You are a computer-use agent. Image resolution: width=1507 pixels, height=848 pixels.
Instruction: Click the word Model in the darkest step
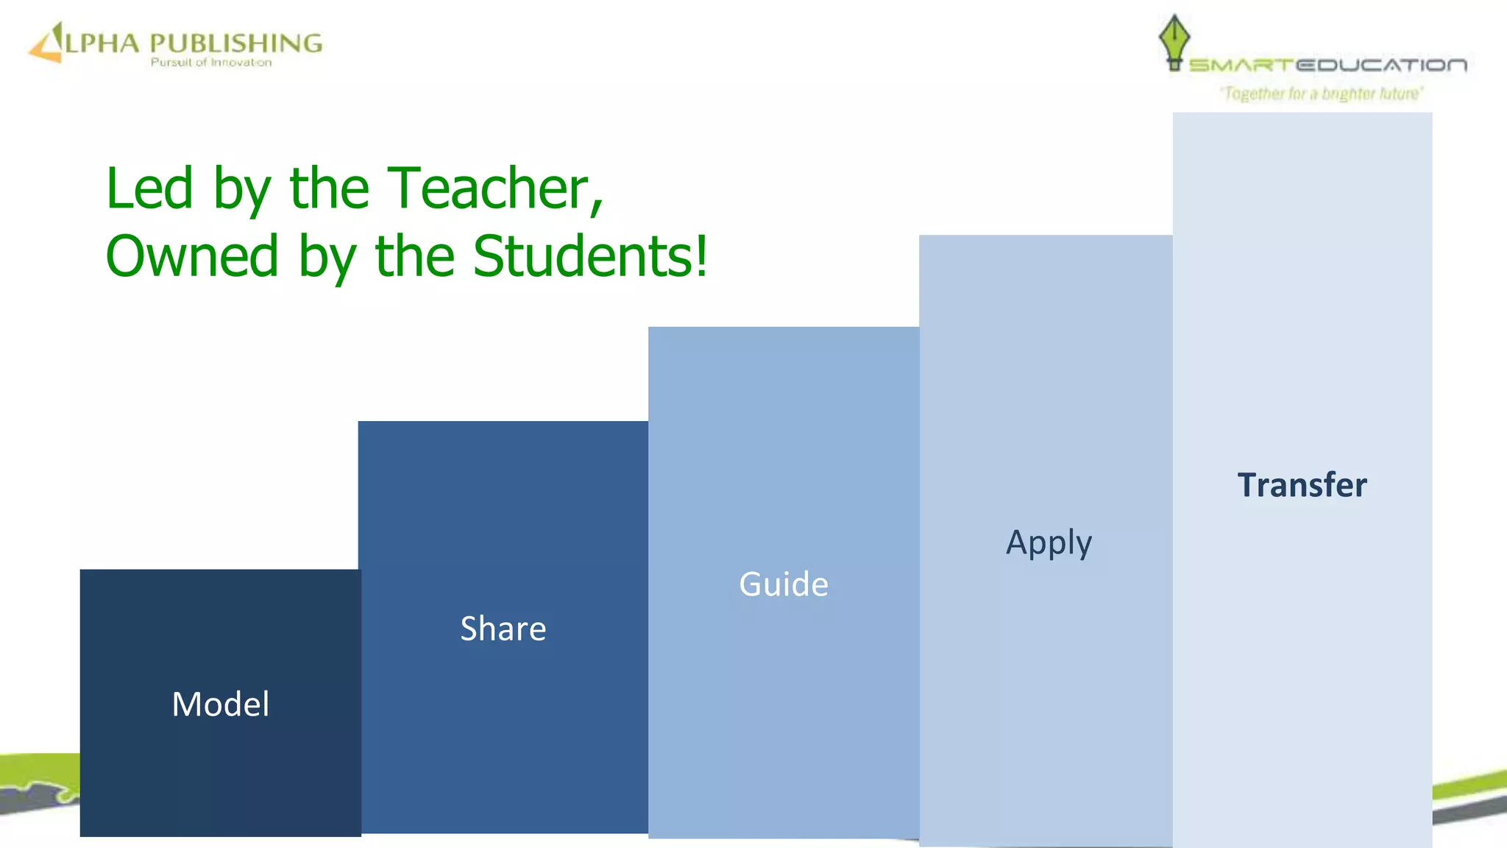click(220, 704)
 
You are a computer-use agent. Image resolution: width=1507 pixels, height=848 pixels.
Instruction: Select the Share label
click(503, 629)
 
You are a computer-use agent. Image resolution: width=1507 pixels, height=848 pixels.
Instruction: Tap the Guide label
click(784, 584)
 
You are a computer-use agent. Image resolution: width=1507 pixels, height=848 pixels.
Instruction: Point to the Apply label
click(1049, 543)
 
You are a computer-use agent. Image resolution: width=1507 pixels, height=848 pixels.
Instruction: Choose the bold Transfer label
click(1302, 485)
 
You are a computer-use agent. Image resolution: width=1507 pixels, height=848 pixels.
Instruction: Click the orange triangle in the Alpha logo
click(46, 46)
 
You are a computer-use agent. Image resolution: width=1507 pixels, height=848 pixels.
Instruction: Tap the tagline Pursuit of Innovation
click(211, 63)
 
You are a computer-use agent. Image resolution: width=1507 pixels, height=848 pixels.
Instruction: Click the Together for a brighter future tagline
click(1322, 93)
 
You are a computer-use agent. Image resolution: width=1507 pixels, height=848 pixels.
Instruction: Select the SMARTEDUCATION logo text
click(1327, 66)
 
